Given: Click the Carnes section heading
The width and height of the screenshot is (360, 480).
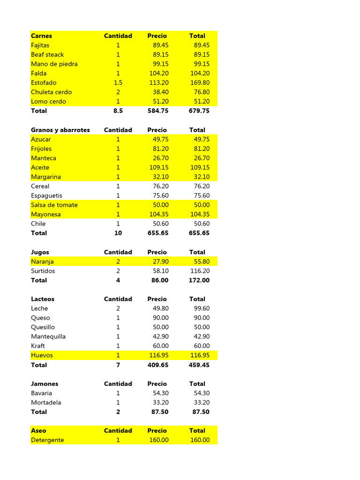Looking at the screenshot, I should click(42, 36).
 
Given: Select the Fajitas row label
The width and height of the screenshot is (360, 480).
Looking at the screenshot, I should click(40, 45).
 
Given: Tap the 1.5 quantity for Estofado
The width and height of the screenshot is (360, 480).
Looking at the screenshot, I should click(118, 82).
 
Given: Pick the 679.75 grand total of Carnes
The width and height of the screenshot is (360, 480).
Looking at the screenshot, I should click(199, 111).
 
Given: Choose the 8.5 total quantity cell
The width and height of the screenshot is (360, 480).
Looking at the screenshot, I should click(118, 111).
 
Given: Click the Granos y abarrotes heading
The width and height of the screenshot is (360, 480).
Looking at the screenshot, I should click(60, 130).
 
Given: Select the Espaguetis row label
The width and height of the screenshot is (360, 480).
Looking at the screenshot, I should click(47, 195).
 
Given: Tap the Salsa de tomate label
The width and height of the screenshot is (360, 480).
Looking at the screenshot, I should click(54, 205).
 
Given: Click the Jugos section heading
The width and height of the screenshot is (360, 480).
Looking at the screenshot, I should click(40, 252).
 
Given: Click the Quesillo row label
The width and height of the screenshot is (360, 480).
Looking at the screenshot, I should click(43, 327).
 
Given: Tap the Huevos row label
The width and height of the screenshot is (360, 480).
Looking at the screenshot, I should click(42, 355).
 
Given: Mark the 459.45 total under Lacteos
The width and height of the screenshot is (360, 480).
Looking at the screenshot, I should click(199, 365).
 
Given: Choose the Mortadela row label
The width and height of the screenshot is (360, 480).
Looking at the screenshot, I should click(46, 402).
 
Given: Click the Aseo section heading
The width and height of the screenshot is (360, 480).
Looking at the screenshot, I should click(39, 430).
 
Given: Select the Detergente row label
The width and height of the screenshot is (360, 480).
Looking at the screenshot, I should click(48, 440).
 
